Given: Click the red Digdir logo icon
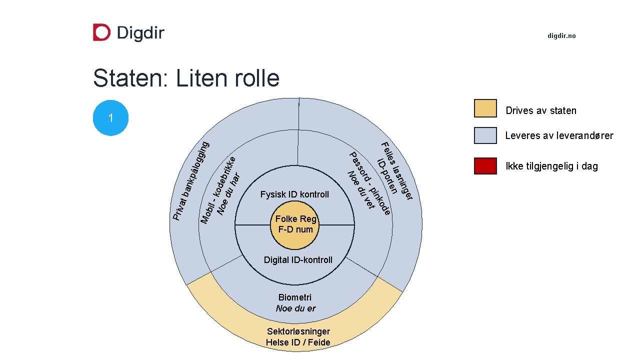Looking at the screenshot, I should [x=101, y=32].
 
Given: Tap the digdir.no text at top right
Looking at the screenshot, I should [x=561, y=36].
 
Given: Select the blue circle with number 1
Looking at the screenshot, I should [x=111, y=118].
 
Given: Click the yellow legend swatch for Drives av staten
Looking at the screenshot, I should [x=485, y=108].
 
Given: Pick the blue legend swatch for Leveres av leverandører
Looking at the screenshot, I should [x=485, y=135].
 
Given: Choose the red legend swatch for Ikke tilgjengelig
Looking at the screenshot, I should [x=485, y=166].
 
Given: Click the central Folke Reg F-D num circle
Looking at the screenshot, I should [x=295, y=224].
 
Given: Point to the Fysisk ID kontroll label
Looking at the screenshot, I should [x=295, y=194].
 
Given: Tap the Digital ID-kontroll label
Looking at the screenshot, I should [x=298, y=260].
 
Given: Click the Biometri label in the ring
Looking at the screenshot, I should [x=295, y=297].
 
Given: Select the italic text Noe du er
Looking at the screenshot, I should [x=295, y=308].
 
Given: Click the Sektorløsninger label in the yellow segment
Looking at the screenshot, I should [x=298, y=331].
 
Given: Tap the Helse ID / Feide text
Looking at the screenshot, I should [x=298, y=342].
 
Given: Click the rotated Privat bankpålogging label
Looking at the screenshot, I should [x=190, y=180].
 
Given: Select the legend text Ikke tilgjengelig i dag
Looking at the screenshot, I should [x=551, y=166].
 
